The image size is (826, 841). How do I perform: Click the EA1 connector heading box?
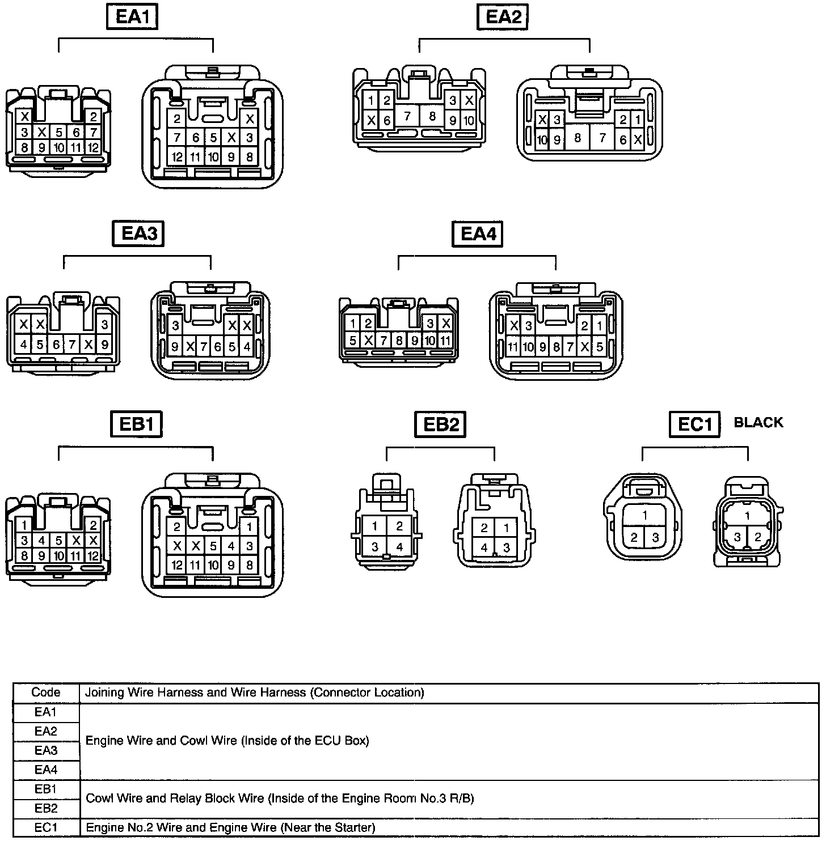(x=132, y=16)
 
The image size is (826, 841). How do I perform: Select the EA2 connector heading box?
(x=503, y=16)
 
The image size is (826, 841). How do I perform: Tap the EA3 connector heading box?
(x=138, y=233)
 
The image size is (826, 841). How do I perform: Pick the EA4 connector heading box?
(x=478, y=233)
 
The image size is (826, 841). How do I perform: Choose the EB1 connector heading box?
(x=136, y=424)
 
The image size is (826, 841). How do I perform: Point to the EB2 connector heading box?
(x=440, y=424)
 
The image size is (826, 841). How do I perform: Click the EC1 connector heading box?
(x=694, y=424)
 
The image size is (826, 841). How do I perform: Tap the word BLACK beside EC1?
(x=758, y=423)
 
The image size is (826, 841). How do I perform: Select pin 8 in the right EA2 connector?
(x=578, y=138)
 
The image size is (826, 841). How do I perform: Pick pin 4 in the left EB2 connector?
(x=399, y=547)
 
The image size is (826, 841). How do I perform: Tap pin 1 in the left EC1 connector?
(x=645, y=516)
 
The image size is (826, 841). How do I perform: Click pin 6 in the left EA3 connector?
(x=56, y=345)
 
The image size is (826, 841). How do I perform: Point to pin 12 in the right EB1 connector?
(x=177, y=565)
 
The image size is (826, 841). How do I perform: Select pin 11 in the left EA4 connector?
(x=445, y=341)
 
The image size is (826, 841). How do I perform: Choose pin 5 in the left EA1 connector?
(x=59, y=133)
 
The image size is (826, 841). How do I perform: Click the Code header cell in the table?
(x=46, y=693)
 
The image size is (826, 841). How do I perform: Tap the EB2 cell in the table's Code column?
(x=46, y=808)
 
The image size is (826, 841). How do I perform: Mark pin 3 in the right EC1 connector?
(x=737, y=537)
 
